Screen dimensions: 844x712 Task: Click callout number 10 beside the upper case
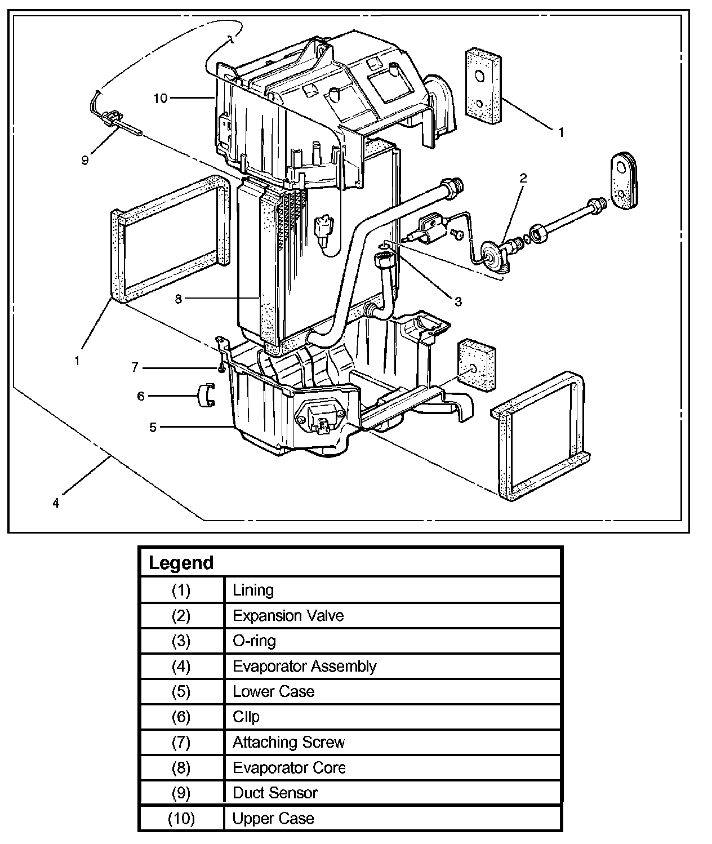pyautogui.click(x=161, y=98)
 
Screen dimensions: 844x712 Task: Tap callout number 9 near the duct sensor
pyautogui.click(x=85, y=160)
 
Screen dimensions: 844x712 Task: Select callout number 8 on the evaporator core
pyautogui.click(x=179, y=299)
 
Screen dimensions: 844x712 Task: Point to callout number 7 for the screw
pyautogui.click(x=135, y=367)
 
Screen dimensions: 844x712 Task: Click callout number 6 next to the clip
pyautogui.click(x=141, y=396)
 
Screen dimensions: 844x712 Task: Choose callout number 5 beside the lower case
pyautogui.click(x=153, y=427)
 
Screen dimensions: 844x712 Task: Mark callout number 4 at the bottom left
pyautogui.click(x=56, y=503)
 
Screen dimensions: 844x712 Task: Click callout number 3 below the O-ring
pyautogui.click(x=458, y=301)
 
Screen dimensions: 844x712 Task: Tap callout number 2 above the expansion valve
pyautogui.click(x=523, y=178)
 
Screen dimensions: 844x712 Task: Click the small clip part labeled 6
pyautogui.click(x=206, y=394)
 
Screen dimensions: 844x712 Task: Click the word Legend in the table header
pyautogui.click(x=181, y=563)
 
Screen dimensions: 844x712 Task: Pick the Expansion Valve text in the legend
pyautogui.click(x=288, y=615)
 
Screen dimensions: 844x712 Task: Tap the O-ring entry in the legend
pyautogui.click(x=254, y=641)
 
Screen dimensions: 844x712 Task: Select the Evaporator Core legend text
pyautogui.click(x=289, y=767)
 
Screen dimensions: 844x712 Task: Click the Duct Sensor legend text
pyautogui.click(x=275, y=793)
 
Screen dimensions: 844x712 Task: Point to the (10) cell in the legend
pyautogui.click(x=181, y=818)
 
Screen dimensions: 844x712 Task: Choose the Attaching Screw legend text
pyautogui.click(x=288, y=742)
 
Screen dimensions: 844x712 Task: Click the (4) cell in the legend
pyautogui.click(x=181, y=666)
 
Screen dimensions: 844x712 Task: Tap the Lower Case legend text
pyautogui.click(x=273, y=691)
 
